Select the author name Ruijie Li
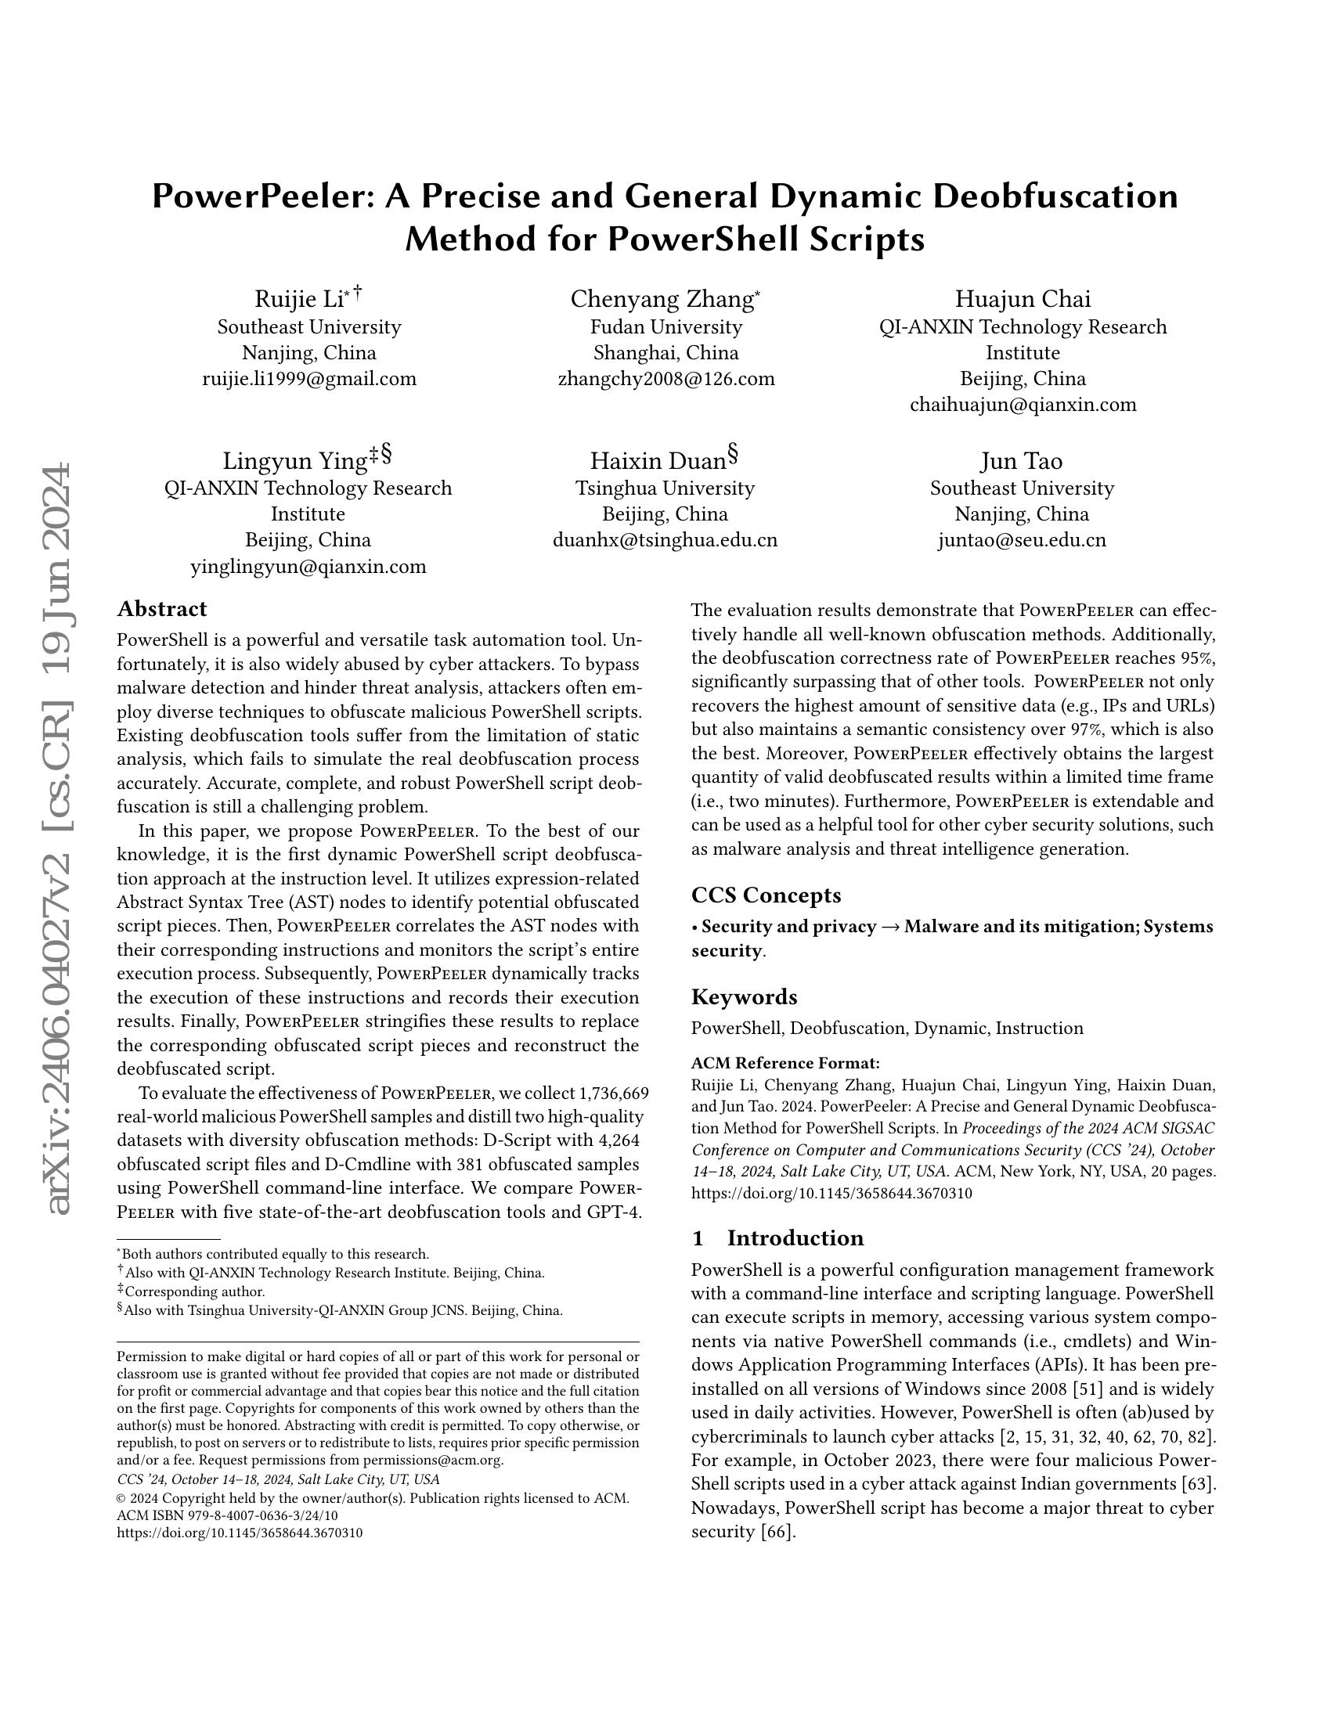(x=299, y=300)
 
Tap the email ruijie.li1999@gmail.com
(x=309, y=380)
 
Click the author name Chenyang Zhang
(x=662, y=300)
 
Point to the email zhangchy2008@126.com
(x=666, y=380)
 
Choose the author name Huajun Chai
(x=1023, y=300)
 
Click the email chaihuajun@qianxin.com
(x=1023, y=405)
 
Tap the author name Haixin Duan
(x=658, y=461)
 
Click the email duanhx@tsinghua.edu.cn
(x=665, y=540)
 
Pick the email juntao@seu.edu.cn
(x=1022, y=540)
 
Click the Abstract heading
(x=161, y=609)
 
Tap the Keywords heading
(x=744, y=996)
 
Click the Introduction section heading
(x=795, y=1238)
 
